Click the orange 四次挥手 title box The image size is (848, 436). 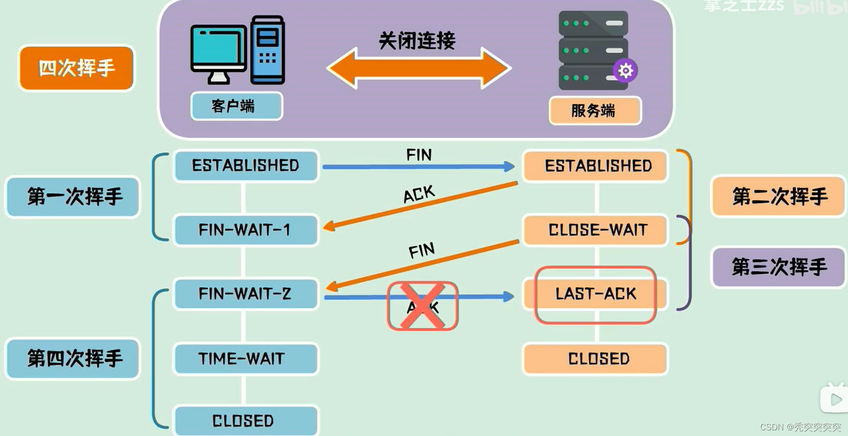pos(77,68)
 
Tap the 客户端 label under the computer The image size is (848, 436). pos(236,106)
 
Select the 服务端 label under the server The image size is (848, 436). pos(594,111)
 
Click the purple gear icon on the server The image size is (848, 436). pos(625,71)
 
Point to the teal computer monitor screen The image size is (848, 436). pos(218,49)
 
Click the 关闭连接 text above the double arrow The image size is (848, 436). pos(417,41)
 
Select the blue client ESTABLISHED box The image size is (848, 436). pos(246,166)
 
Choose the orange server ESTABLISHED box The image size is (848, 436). pos(596,166)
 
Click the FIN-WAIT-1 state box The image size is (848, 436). pos(246,230)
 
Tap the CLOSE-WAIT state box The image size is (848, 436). pos(596,230)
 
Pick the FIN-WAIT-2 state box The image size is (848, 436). pos(246,294)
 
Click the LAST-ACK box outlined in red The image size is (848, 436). pos(595,294)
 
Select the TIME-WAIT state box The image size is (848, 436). pos(246,358)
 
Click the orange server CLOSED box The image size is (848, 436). pos(596,358)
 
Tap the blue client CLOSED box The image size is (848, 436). pos(246,420)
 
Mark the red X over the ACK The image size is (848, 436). pos(422,306)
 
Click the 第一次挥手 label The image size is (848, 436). pos(74,197)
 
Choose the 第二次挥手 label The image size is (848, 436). pos(779,196)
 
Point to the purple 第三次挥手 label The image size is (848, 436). pos(779,267)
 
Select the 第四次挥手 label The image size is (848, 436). pos(74,358)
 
